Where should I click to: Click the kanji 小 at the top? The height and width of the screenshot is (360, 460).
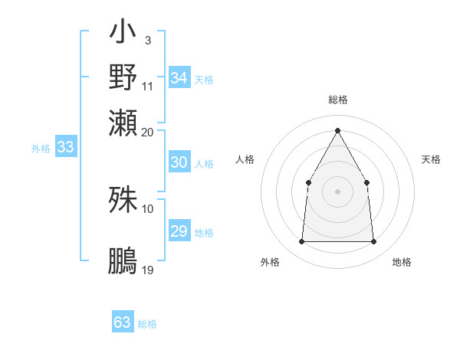click(123, 34)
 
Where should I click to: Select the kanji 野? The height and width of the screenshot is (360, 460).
click(123, 77)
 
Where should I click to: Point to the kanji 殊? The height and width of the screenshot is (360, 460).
click(123, 199)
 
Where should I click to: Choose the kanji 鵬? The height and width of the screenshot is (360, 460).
click(123, 260)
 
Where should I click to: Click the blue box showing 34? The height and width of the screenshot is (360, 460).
click(179, 78)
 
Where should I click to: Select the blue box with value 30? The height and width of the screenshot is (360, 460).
click(179, 163)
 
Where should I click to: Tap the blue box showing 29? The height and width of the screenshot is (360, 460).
click(179, 231)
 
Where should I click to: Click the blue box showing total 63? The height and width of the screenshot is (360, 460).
click(123, 323)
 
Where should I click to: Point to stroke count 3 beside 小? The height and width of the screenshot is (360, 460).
click(147, 40)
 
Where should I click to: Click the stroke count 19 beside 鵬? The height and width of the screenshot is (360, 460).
click(149, 270)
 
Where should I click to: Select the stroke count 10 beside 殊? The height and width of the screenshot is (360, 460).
click(149, 208)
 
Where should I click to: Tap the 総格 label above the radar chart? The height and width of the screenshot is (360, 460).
click(338, 100)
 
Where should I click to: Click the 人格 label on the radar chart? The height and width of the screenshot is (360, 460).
click(245, 159)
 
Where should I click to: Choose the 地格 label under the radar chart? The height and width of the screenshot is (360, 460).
click(402, 262)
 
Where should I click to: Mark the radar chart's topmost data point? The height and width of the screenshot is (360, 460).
click(337, 130)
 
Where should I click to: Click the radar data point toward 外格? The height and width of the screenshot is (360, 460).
click(301, 242)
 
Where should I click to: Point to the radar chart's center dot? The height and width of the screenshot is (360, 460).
click(337, 191)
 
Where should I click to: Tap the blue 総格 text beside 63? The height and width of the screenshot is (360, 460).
click(147, 324)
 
